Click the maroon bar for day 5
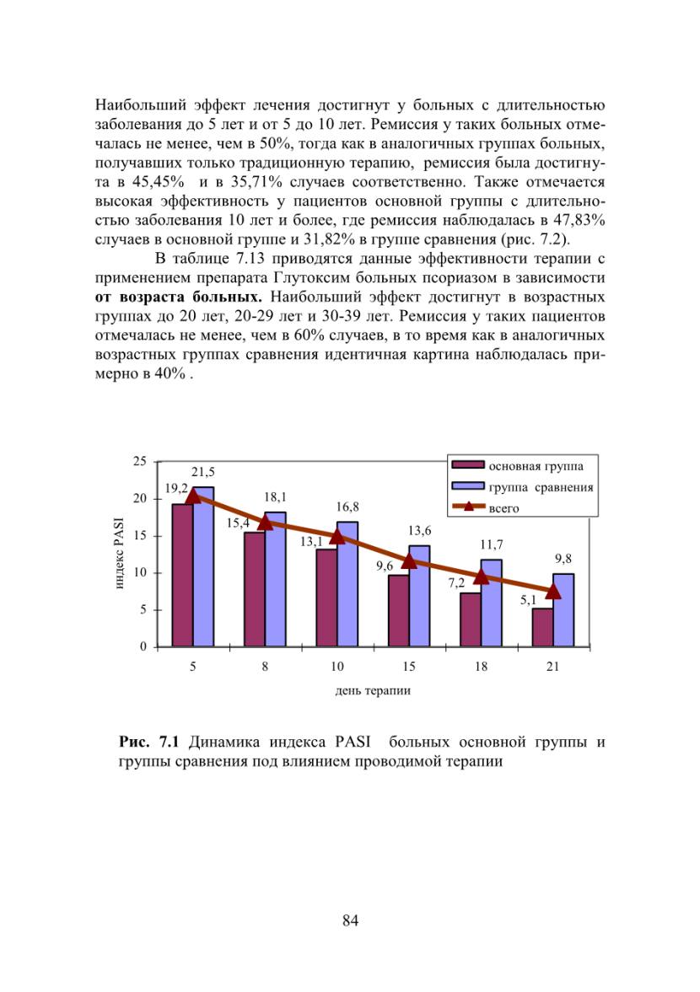tap(182, 575)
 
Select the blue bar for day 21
tap(563, 610)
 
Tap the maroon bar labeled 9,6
tap(399, 610)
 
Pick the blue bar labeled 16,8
tap(347, 584)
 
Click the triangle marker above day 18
tap(481, 576)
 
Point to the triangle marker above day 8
tap(265, 522)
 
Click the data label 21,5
tap(203, 472)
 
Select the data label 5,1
tap(528, 600)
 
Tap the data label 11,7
tap(491, 544)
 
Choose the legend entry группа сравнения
tap(523, 487)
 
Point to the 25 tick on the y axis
tap(140, 461)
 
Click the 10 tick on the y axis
tap(140, 572)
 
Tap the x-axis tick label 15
tap(409, 666)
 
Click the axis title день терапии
tap(373, 691)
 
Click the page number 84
tap(351, 920)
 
